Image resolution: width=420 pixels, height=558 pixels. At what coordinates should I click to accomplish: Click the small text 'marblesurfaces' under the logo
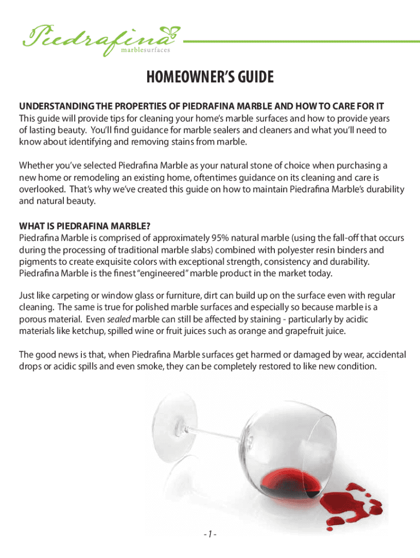coord(145,50)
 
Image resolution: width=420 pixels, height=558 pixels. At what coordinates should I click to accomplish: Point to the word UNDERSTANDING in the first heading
coord(52,105)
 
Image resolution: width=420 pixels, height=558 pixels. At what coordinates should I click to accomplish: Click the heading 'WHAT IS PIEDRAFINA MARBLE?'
coord(85,226)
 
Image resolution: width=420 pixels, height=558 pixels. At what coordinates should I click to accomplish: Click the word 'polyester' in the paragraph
coord(301,250)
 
